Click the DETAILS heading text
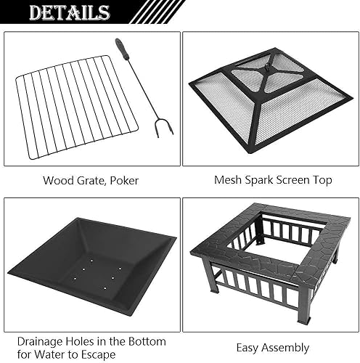click(70, 12)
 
